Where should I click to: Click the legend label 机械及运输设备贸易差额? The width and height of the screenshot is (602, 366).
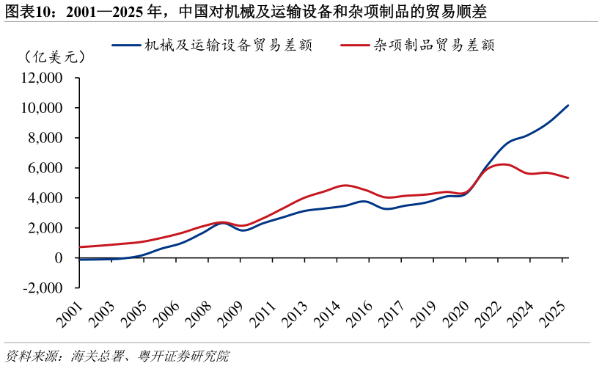pyautogui.click(x=228, y=45)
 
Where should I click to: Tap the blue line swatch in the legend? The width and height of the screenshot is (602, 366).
pyautogui.click(x=126, y=45)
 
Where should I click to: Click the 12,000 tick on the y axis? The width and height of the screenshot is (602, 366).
pyautogui.click(x=43, y=78)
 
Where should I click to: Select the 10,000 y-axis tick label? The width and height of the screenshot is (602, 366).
pyautogui.click(x=43, y=108)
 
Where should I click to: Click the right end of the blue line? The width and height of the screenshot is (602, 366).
pyautogui.click(x=568, y=106)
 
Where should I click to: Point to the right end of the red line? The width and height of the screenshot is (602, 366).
pyautogui.click(x=568, y=177)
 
